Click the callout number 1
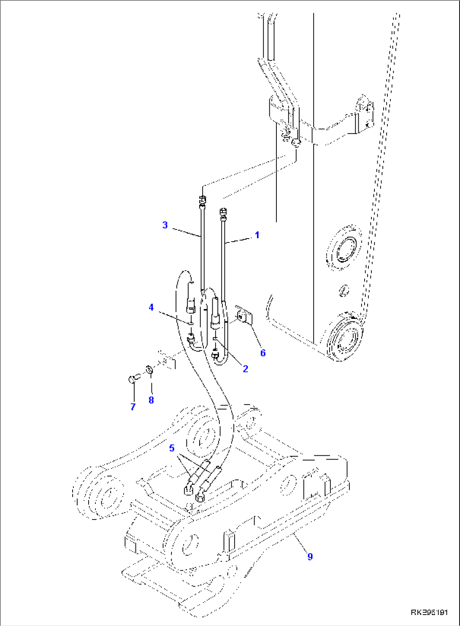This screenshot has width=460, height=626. click(257, 235)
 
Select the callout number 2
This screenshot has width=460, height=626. click(245, 369)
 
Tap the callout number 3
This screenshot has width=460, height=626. click(165, 225)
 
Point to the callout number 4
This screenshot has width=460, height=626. click(151, 307)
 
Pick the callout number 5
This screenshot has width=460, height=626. click(172, 448)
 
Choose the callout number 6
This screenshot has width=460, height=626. click(262, 353)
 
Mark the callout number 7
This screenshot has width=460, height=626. click(133, 407)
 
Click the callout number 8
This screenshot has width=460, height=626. click(151, 400)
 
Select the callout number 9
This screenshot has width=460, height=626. click(310, 557)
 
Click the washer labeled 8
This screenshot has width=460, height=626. click(149, 370)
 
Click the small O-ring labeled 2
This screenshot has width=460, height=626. click(215, 338)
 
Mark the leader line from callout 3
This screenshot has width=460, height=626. click(186, 232)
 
